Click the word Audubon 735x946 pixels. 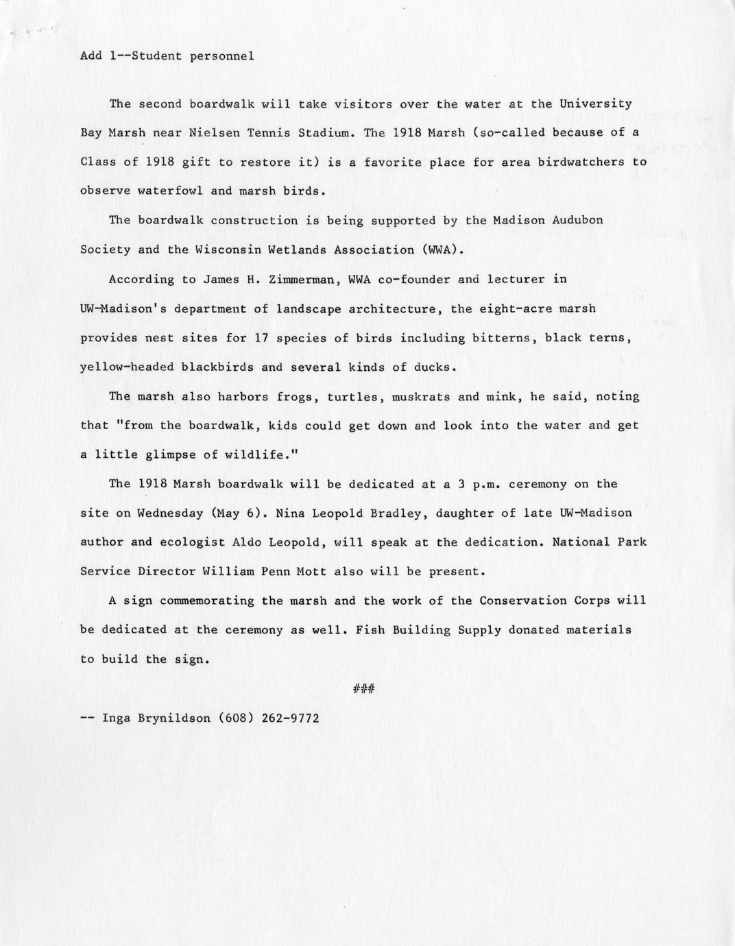(578, 221)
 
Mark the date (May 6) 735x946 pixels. (238, 513)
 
